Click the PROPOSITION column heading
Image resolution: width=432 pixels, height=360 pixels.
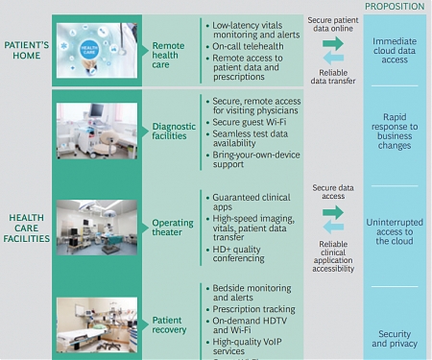coord(394,6)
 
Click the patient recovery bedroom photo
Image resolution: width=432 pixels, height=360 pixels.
coord(94,324)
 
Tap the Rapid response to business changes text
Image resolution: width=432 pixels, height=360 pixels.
coord(394,132)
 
